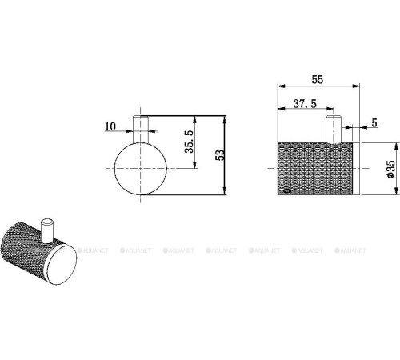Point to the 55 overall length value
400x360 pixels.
318,81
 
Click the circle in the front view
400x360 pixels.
140,170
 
